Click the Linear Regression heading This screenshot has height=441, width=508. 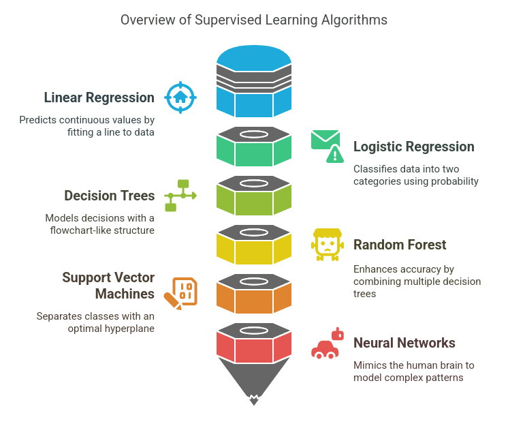(99, 97)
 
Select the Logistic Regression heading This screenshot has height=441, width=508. (414, 147)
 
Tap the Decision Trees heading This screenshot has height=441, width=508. (110, 196)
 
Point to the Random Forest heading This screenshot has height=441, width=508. (400, 245)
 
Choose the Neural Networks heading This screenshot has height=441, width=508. (404, 343)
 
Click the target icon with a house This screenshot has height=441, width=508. (180, 97)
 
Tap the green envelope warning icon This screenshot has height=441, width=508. (328, 147)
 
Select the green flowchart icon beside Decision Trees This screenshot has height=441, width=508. (180, 196)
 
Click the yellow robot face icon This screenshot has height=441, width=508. (328, 245)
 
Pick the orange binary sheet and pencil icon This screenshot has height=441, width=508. (180, 294)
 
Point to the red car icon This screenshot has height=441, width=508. (328, 343)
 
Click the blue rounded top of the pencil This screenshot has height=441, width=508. (254, 59)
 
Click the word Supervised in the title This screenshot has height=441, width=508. (228, 20)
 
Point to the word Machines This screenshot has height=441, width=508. (125, 294)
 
